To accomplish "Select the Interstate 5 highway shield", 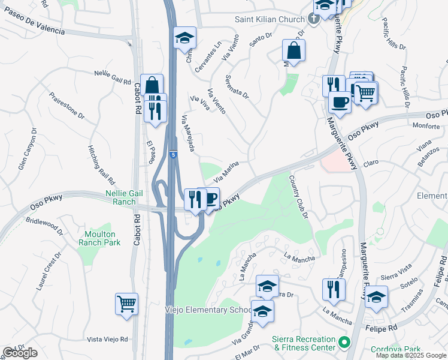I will (x=172, y=154).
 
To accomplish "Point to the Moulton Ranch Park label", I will (x=99, y=238).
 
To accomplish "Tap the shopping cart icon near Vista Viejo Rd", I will (x=126, y=303).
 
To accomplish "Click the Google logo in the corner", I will (x=20, y=353).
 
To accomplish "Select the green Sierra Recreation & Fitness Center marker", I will (x=343, y=343).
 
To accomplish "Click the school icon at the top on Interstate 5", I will (x=185, y=38).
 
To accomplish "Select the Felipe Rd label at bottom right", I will (x=383, y=329).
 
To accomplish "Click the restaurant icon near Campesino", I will (x=334, y=290).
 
